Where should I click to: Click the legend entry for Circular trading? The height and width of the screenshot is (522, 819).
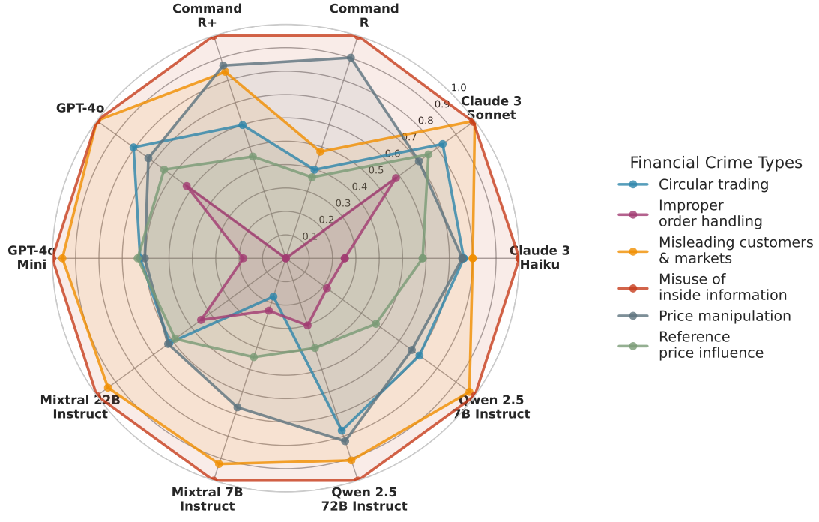point(713,184)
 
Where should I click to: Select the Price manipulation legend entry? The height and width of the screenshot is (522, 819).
point(724,316)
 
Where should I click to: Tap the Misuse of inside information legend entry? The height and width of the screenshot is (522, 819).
point(722,287)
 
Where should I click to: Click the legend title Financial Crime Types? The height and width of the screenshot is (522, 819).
point(716,163)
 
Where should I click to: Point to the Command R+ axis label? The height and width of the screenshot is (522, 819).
point(207,15)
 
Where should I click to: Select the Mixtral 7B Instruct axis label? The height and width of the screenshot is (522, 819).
point(208,499)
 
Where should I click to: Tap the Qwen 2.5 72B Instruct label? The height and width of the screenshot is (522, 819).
point(364,499)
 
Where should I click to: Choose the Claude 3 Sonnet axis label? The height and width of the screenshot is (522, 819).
point(491,107)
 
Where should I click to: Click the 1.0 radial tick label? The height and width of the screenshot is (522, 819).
point(459,88)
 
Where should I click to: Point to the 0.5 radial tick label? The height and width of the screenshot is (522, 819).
point(375,170)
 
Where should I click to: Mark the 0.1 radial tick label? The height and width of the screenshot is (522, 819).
point(310,236)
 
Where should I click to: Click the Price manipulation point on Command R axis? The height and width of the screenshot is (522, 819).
point(351,58)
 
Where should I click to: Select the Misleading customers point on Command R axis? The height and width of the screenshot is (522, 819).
point(320,151)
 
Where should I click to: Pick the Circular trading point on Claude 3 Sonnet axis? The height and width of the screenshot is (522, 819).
point(442,144)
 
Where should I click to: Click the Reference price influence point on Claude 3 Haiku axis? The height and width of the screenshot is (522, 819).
point(422,259)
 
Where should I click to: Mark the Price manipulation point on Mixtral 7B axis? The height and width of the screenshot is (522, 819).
point(238,407)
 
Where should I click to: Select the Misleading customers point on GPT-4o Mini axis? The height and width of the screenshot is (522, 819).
point(62,259)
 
